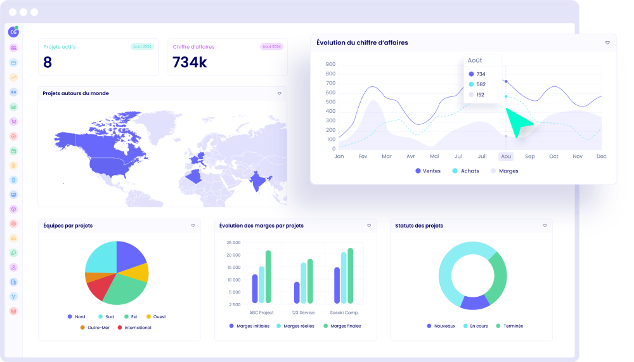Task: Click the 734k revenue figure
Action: (x=190, y=62)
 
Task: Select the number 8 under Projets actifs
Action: (x=48, y=62)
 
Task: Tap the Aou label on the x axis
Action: (x=506, y=156)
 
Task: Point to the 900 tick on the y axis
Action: (x=330, y=64)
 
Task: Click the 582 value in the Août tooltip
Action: (x=481, y=84)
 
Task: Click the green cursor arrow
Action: (x=519, y=122)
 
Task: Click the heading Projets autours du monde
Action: (x=75, y=93)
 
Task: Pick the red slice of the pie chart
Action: (x=100, y=288)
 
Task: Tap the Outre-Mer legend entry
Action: (x=97, y=328)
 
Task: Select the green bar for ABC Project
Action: (x=268, y=276)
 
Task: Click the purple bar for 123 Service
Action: (x=297, y=292)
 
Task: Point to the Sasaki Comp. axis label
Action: (x=344, y=313)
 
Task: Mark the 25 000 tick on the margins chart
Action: (x=233, y=243)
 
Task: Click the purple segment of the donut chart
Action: (x=474, y=302)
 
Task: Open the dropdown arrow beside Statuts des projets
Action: (x=545, y=226)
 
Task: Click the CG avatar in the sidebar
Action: (x=13, y=32)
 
